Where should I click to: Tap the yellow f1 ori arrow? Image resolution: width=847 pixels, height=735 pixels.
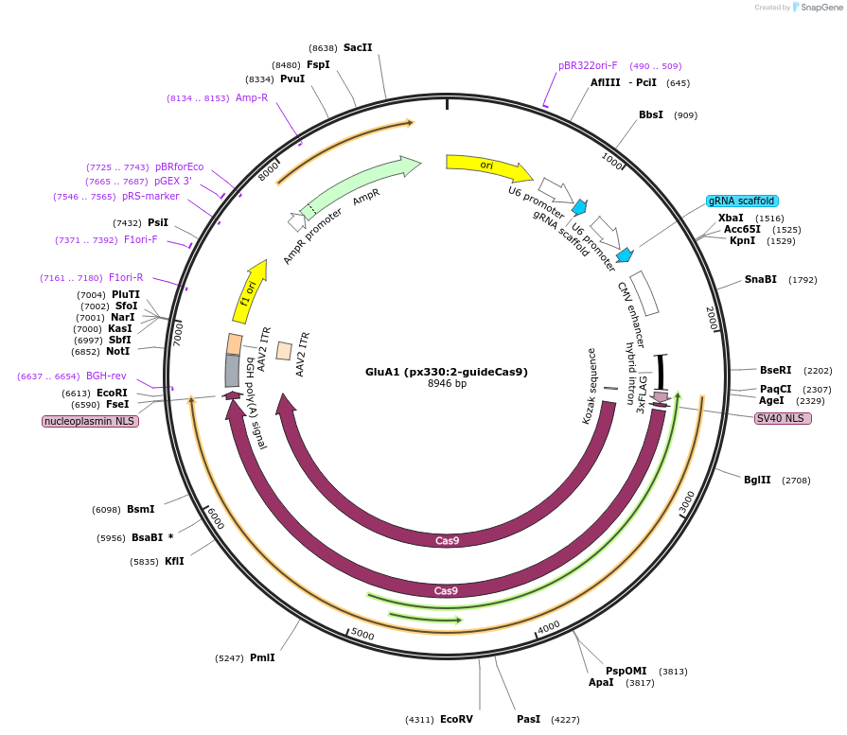(250, 291)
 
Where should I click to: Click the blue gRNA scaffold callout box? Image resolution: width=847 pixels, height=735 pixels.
(742, 201)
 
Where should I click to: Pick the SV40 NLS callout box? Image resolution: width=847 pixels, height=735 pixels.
(782, 418)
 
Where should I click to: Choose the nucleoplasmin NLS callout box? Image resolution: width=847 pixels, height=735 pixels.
(90, 421)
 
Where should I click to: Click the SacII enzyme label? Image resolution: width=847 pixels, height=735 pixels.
(358, 47)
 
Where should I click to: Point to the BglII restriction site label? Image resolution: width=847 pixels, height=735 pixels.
(757, 481)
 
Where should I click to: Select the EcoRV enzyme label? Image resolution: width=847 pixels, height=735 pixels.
(456, 719)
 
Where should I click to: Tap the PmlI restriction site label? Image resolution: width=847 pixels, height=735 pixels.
(262, 657)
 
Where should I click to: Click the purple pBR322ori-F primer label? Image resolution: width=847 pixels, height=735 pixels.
(588, 66)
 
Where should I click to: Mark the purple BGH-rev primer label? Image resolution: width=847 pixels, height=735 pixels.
(106, 376)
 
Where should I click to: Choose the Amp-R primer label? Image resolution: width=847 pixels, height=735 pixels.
(252, 98)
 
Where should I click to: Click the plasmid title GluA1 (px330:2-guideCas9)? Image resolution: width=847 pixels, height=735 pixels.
(447, 372)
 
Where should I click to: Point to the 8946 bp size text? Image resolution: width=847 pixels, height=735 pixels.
(447, 384)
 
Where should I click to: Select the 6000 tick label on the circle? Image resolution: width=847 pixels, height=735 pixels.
(214, 519)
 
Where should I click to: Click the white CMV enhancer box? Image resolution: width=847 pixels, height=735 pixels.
(644, 293)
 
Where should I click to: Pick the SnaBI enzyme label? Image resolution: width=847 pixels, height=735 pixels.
(760, 279)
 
